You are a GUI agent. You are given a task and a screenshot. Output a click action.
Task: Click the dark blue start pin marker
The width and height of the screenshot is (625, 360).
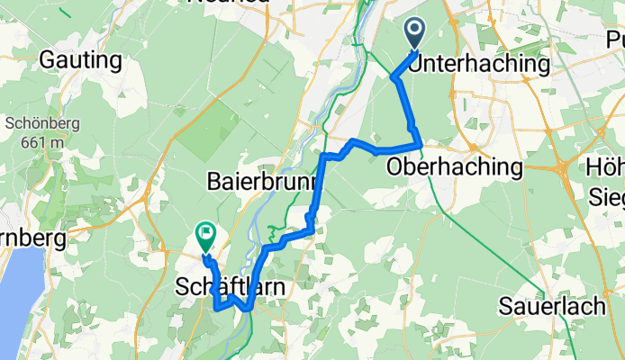415,33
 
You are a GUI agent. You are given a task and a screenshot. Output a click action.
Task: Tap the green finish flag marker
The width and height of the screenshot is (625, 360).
206,237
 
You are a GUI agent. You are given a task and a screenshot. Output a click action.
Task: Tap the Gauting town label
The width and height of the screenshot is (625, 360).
80,61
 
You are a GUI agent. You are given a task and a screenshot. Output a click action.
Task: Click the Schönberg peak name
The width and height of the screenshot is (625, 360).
38,125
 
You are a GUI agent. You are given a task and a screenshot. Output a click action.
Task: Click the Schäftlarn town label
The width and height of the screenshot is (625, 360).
230,287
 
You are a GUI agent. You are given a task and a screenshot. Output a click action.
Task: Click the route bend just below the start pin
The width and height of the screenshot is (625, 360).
394,78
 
